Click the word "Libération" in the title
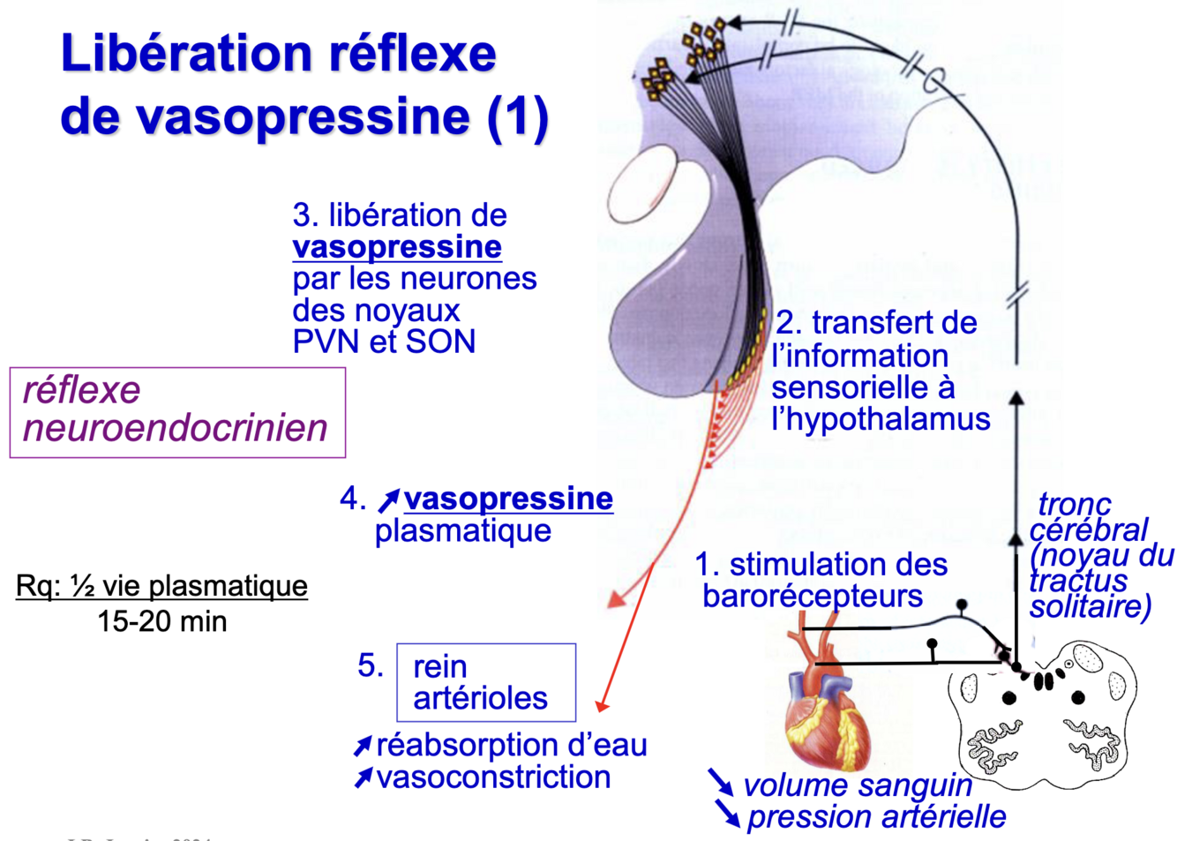tap(185, 54)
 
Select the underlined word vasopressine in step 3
tap(397, 247)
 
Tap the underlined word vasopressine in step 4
tap(508, 499)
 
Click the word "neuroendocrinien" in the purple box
tap(175, 428)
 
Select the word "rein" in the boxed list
tap(439, 666)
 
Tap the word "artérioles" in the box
tap(480, 698)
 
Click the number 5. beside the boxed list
tap(371, 665)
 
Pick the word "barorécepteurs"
tap(812, 596)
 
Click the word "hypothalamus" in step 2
tap(881, 419)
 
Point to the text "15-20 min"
tap(162, 621)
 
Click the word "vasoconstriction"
tap(493, 777)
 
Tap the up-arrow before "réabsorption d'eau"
tap(363, 747)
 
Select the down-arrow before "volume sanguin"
tap(720, 781)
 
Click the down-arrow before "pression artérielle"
tap(728, 813)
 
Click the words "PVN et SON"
tap(384, 342)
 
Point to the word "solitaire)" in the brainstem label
tap(1091, 607)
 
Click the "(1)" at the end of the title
tap(518, 117)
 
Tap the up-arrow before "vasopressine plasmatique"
tap(388, 500)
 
